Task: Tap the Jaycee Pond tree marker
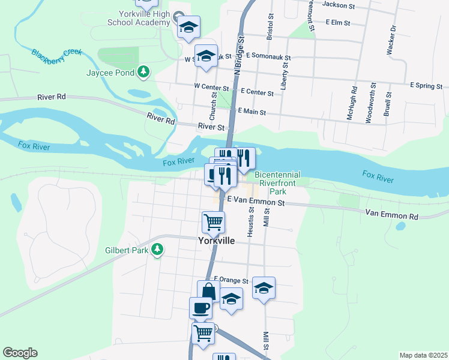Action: (x=143, y=73)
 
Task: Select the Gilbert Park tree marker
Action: (x=157, y=249)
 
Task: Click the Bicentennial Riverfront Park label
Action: (x=277, y=183)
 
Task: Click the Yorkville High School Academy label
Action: (x=139, y=18)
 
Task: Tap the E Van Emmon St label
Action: (x=255, y=203)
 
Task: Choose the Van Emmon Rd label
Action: (x=391, y=214)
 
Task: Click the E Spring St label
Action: (x=426, y=86)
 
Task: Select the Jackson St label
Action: (x=339, y=4)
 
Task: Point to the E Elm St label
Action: (x=337, y=22)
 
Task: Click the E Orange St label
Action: (x=231, y=280)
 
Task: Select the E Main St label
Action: (x=252, y=111)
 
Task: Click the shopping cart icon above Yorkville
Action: (x=213, y=223)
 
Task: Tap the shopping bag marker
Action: (x=208, y=292)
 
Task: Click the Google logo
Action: (x=20, y=353)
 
